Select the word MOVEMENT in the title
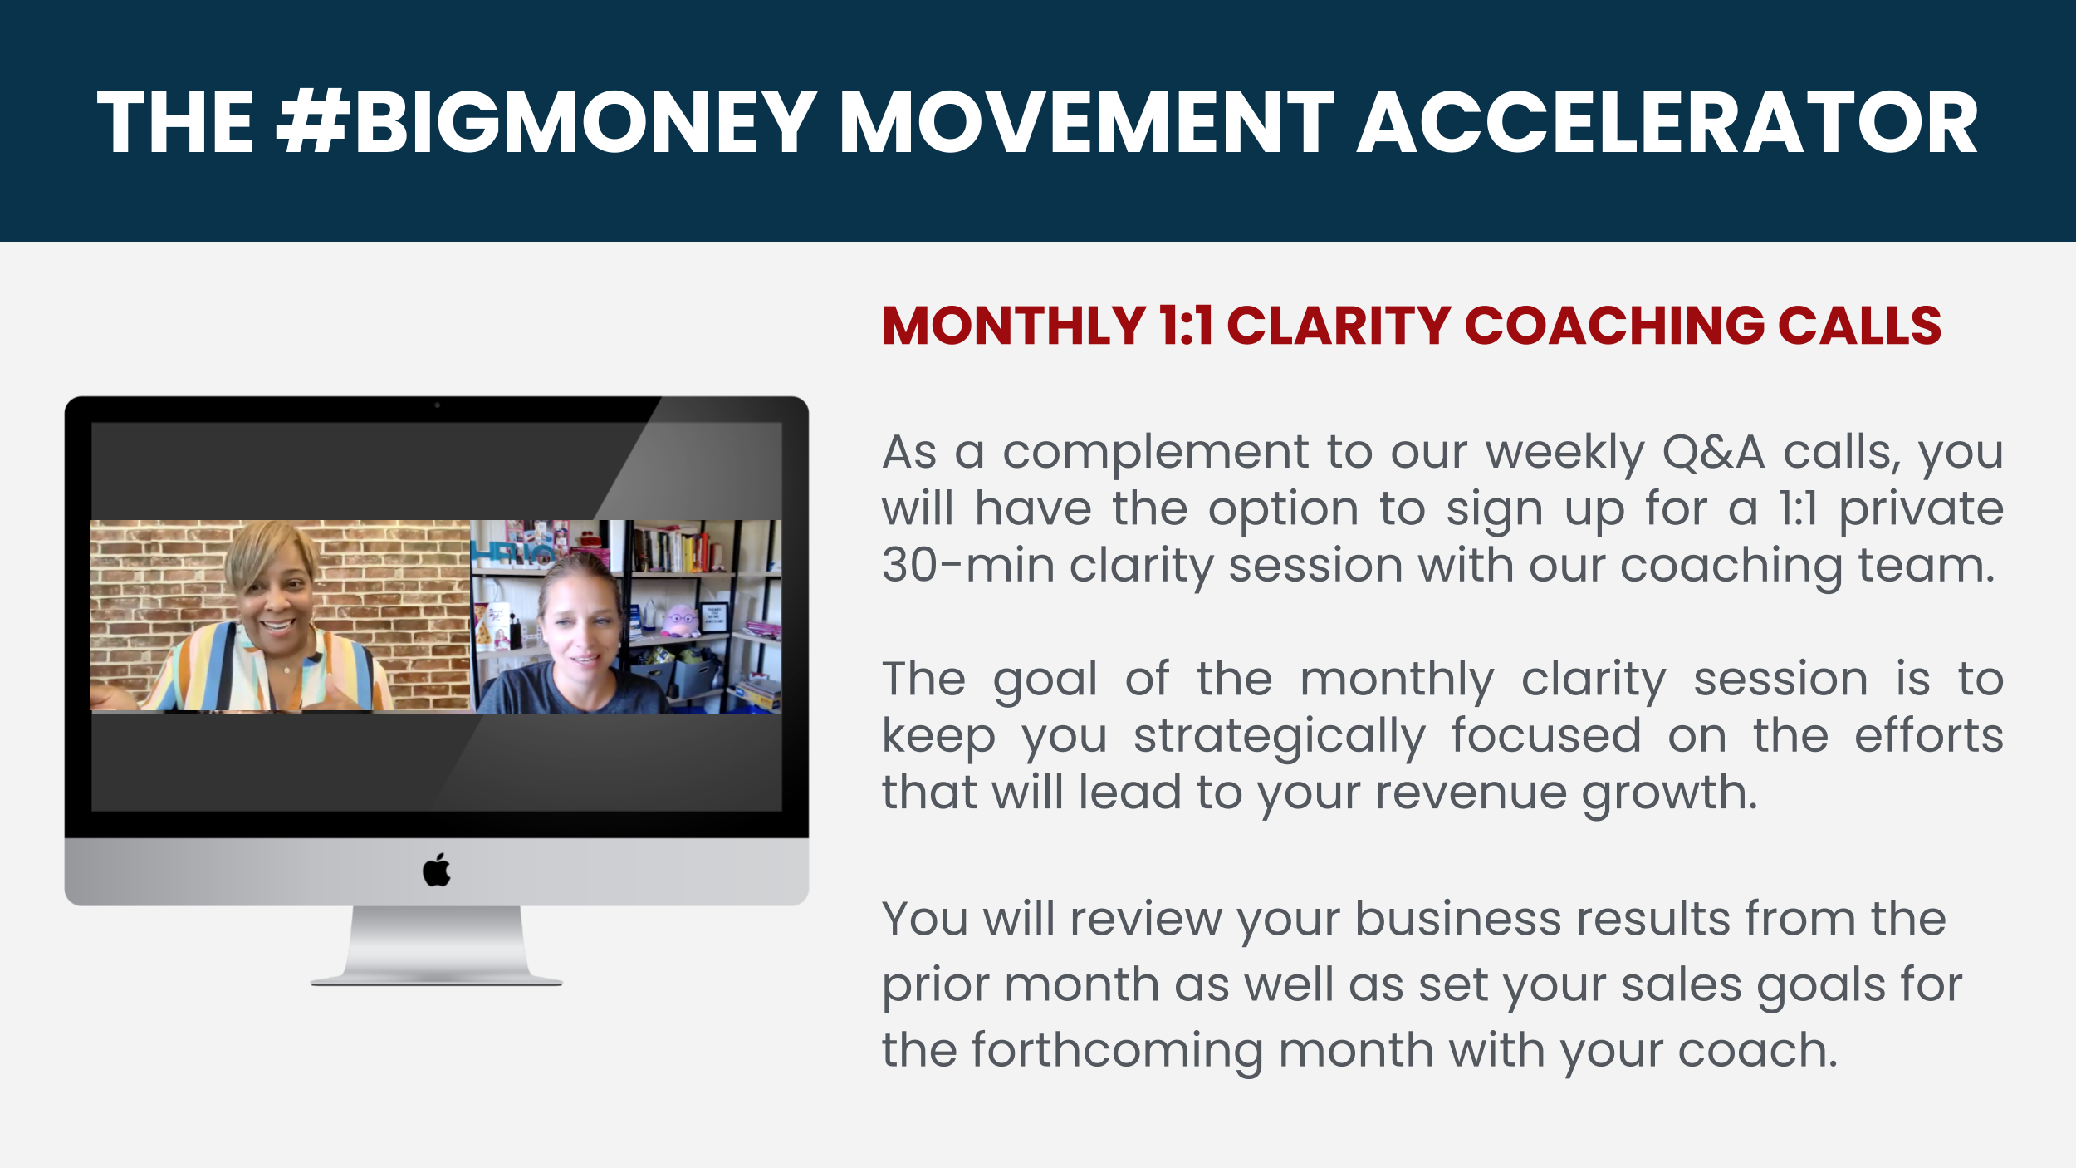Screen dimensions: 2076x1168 pos(1087,123)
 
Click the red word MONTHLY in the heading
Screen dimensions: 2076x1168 pos(1014,325)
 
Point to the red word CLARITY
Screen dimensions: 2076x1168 pos(1339,325)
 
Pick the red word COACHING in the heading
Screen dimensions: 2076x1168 pos(1614,325)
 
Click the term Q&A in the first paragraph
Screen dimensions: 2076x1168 pos(1713,454)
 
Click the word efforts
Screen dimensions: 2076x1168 pos(1929,735)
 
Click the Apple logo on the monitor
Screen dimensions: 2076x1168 pos(437,870)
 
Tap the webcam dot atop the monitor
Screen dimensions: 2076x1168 pos(437,405)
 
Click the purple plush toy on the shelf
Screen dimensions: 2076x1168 pos(680,621)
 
